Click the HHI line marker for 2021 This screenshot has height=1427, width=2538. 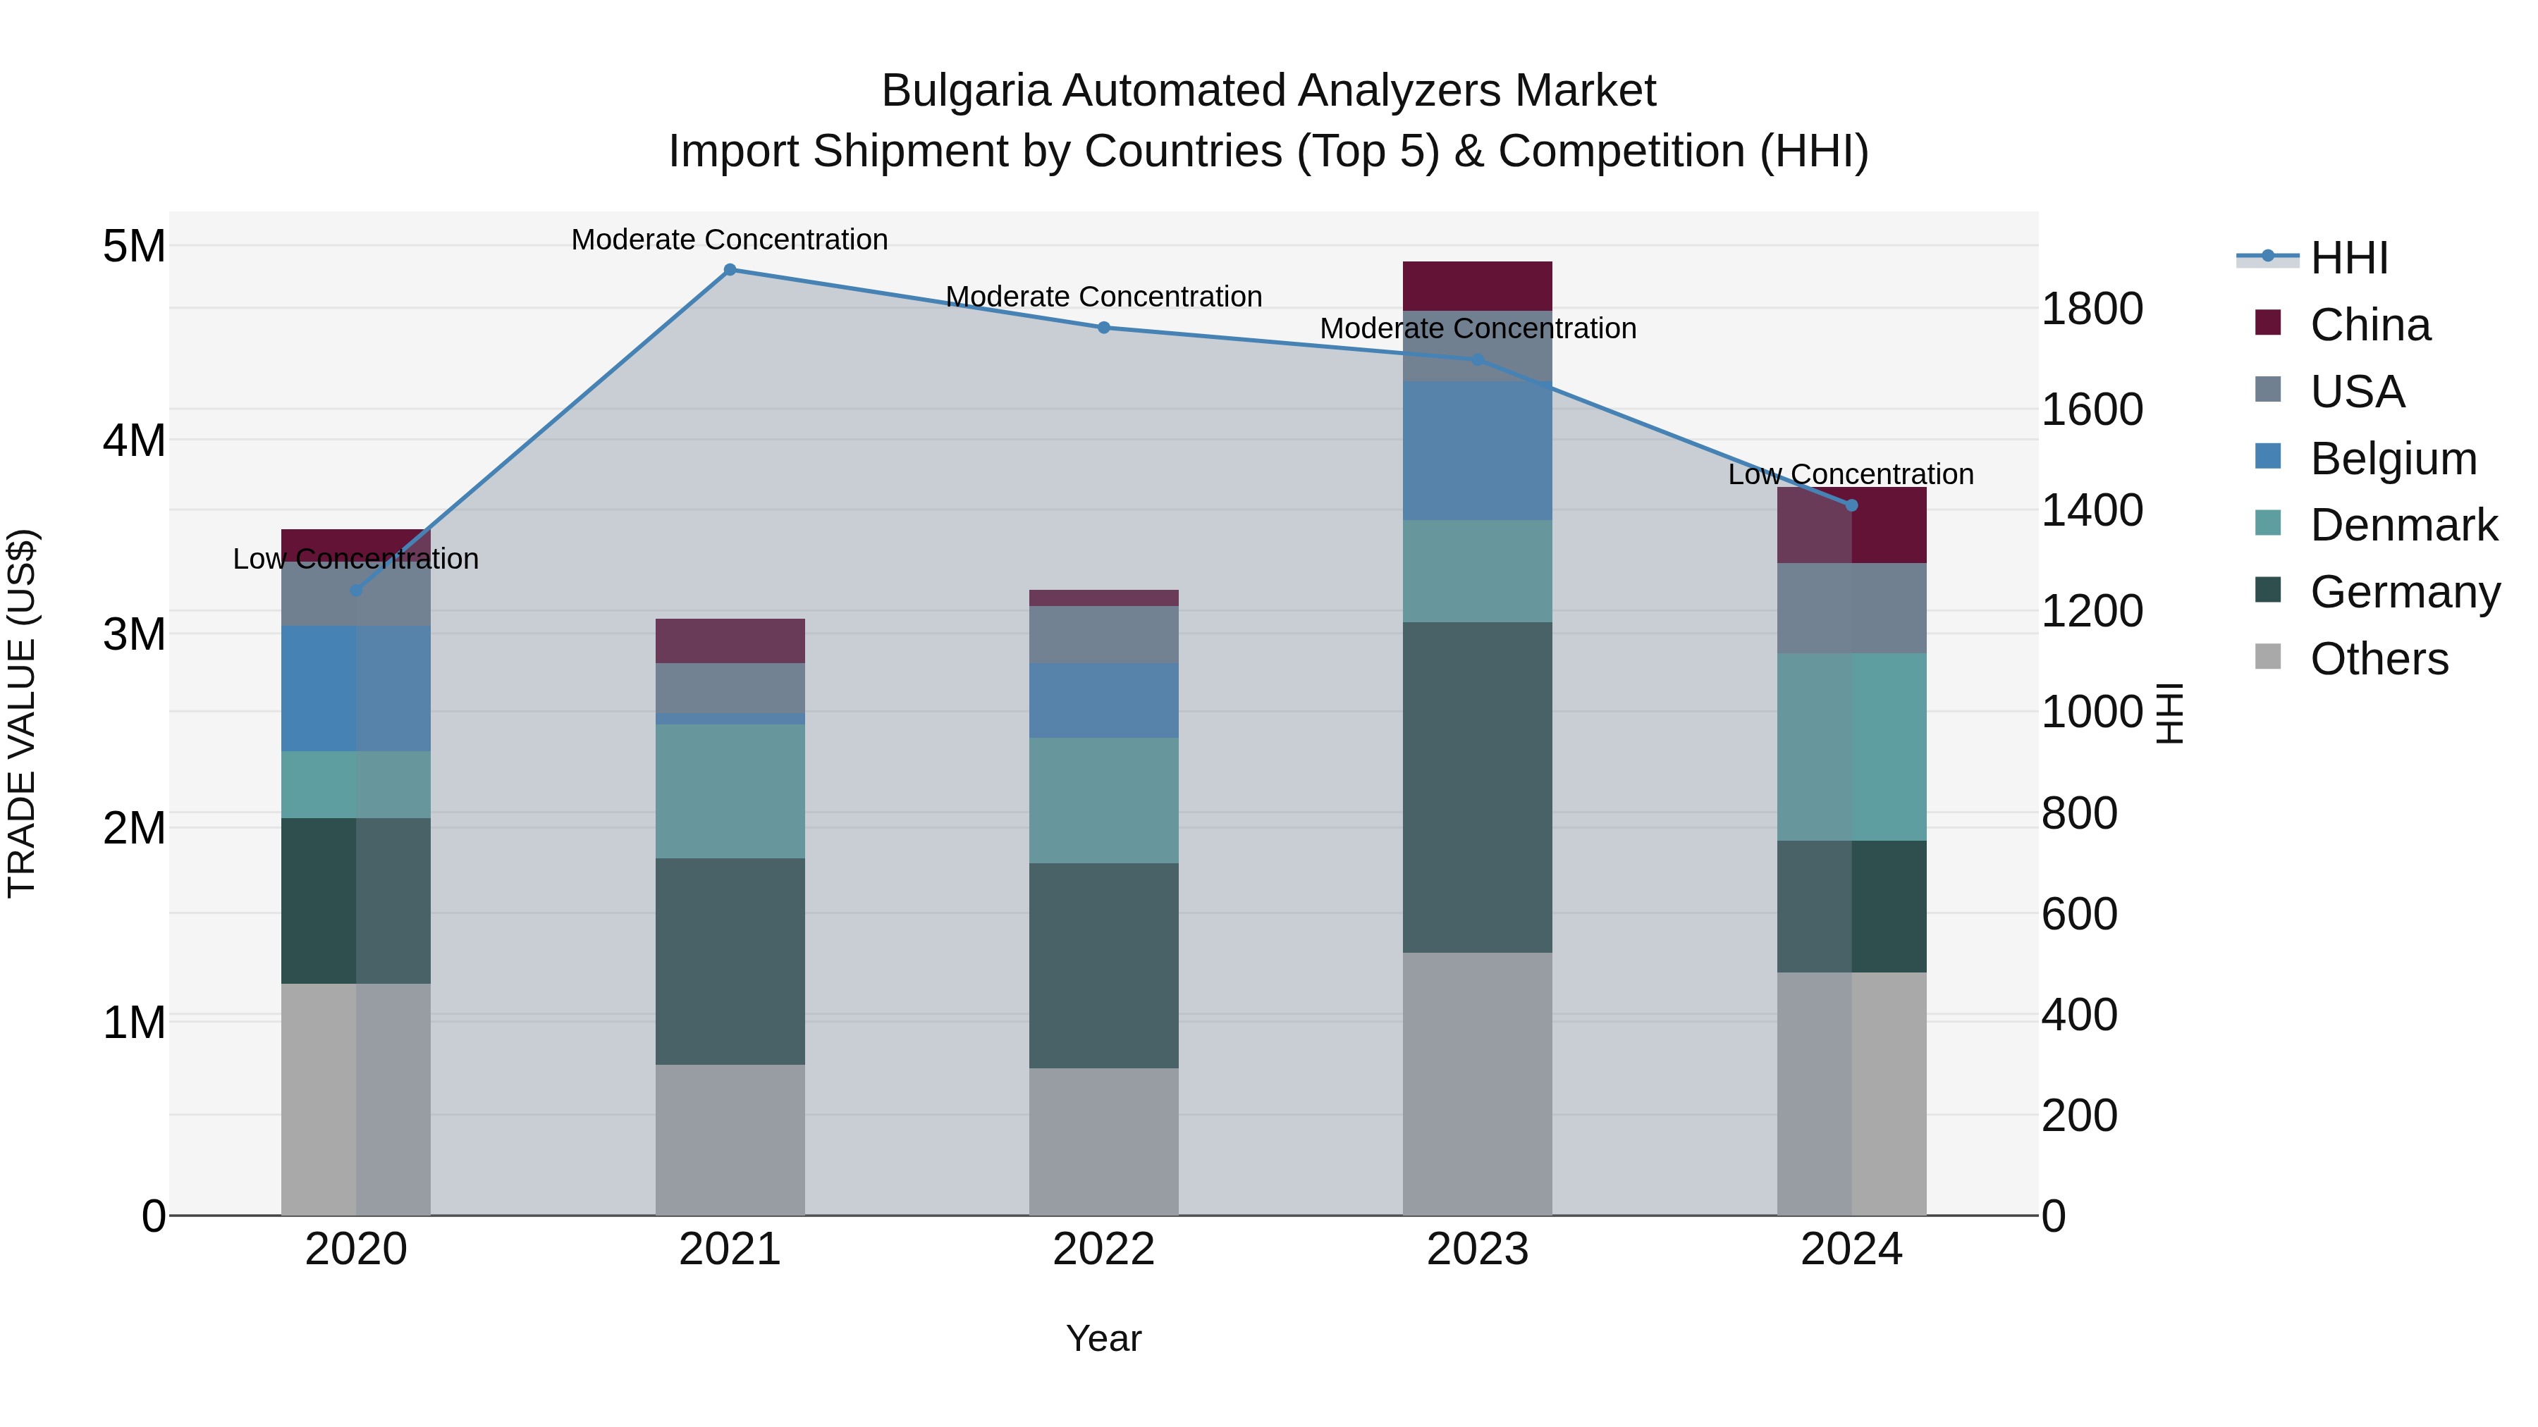click(x=730, y=270)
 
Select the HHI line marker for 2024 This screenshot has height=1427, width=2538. click(x=1851, y=505)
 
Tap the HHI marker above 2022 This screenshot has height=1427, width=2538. click(x=1103, y=328)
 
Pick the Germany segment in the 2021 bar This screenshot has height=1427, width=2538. click(x=730, y=961)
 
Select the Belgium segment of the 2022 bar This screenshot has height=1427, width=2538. click(x=1103, y=700)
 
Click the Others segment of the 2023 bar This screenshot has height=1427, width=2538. click(x=1477, y=1083)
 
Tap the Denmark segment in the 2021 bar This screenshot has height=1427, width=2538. click(x=730, y=791)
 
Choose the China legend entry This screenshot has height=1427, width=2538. click(x=2369, y=325)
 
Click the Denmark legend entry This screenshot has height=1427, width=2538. click(x=2402, y=525)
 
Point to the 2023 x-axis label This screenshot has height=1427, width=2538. click(x=1477, y=1249)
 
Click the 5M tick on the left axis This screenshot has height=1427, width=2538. click(x=134, y=246)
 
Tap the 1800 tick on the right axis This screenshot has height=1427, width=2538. click(x=2091, y=309)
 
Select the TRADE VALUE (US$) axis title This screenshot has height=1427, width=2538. click(x=22, y=713)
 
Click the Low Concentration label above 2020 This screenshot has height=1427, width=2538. click(x=356, y=558)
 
